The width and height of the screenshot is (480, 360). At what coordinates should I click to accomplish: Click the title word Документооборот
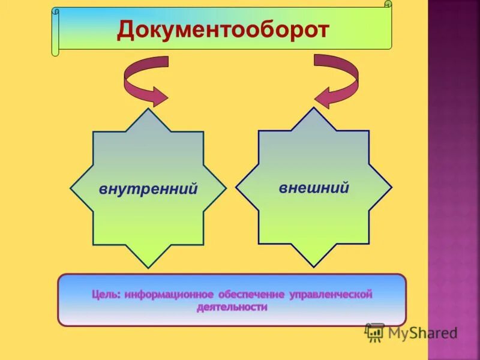click(223, 29)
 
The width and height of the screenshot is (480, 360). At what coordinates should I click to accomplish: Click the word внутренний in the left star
click(148, 190)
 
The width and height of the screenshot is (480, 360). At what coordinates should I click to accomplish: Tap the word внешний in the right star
click(314, 188)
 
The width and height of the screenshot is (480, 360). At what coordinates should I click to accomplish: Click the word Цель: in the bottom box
click(107, 295)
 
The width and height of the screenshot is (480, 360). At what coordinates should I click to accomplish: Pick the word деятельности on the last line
click(232, 307)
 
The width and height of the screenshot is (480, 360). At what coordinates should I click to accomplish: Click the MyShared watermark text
click(422, 332)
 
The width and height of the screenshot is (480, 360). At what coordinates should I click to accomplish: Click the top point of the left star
click(148, 110)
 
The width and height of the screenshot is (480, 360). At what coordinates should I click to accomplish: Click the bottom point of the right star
click(314, 266)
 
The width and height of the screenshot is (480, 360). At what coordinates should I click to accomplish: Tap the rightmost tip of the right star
click(391, 187)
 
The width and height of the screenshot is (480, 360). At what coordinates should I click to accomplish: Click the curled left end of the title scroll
click(55, 33)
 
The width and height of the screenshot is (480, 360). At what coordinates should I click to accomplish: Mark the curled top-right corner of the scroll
click(388, 5)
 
